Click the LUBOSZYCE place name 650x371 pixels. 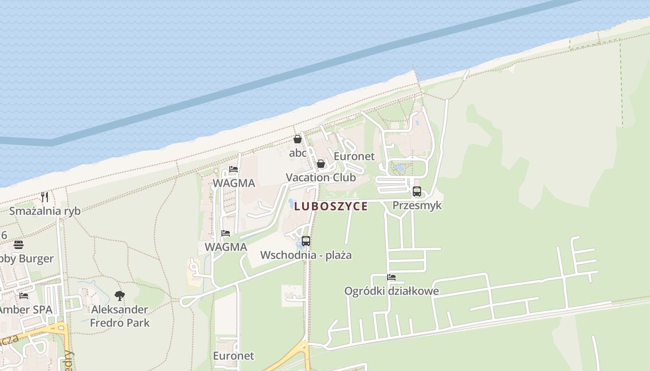pos(331,206)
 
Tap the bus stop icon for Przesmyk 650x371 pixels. pos(417,191)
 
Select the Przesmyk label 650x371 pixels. pos(417,205)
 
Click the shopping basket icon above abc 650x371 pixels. pos(298,139)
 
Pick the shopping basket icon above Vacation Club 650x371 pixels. pos(320,164)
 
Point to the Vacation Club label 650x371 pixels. pos(321,177)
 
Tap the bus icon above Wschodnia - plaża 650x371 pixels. pos(306,241)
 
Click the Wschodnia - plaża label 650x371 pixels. pos(306,255)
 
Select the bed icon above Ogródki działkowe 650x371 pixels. pos(391,277)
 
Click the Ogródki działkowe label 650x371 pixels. pos(391,291)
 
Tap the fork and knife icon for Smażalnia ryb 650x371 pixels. pos(45,197)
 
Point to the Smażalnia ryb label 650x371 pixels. pos(45,211)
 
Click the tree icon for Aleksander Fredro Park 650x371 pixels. pos(120,295)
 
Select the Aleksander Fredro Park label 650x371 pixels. pos(120,316)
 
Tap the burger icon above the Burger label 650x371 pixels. pos(19,244)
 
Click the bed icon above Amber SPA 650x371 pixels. pos(24,295)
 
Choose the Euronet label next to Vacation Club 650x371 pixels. pos(354,156)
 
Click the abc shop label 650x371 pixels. pos(298,153)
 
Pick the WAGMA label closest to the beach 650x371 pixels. pos(234,183)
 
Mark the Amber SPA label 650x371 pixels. pos(26,309)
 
